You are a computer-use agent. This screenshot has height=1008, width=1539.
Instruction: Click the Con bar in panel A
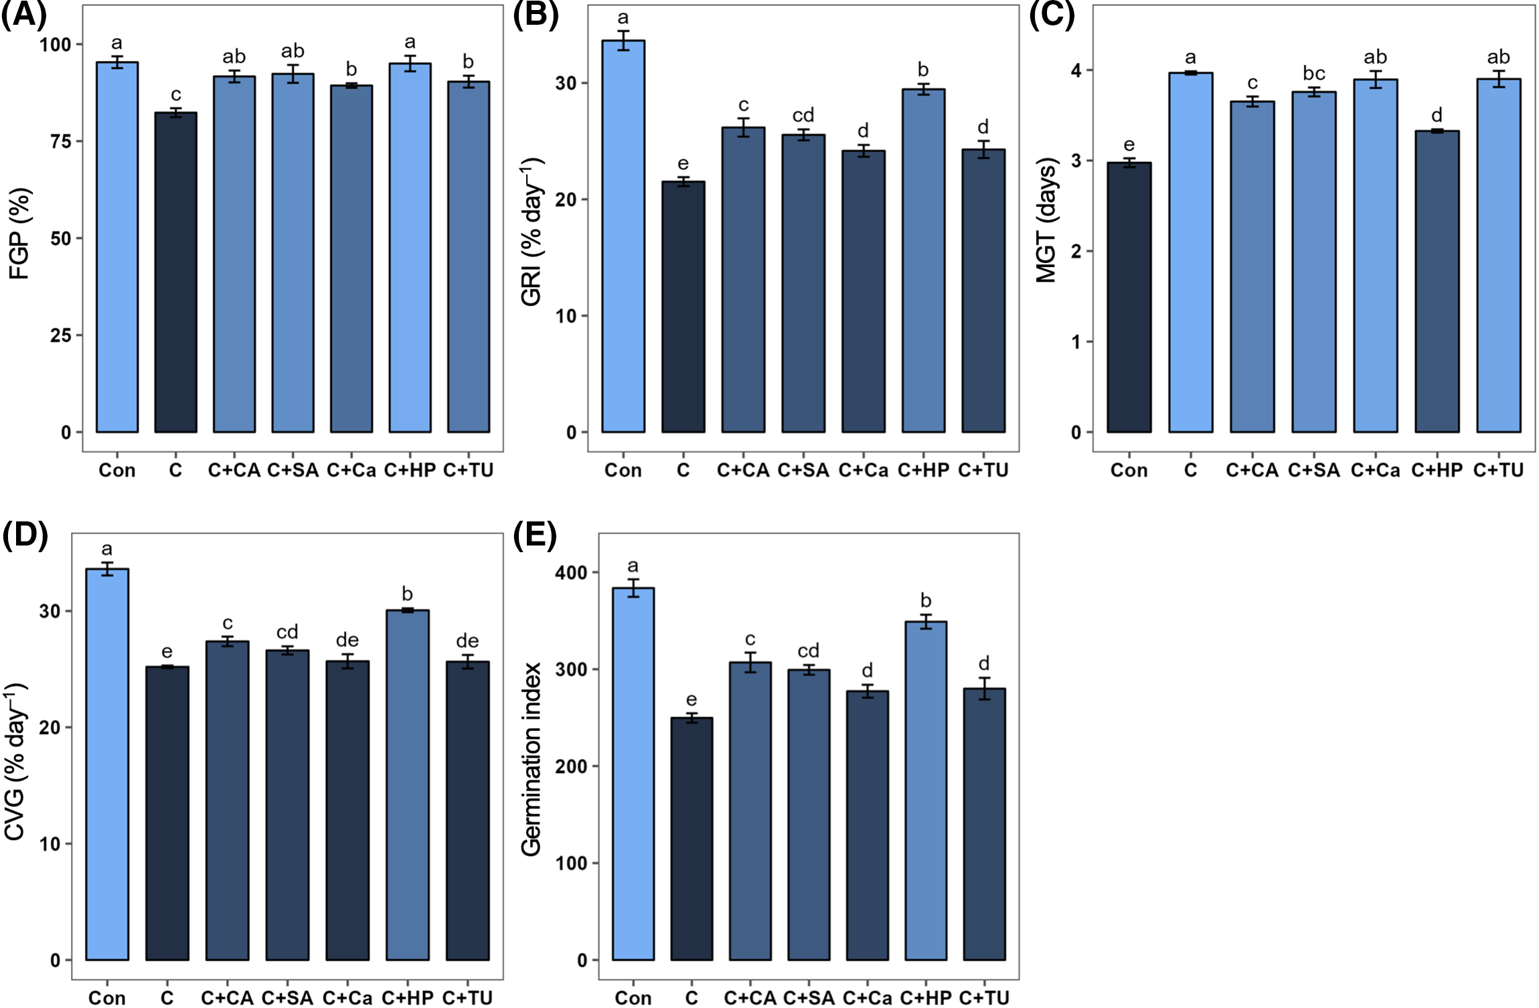(x=117, y=248)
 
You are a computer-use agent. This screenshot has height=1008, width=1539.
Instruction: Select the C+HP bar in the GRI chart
(x=923, y=261)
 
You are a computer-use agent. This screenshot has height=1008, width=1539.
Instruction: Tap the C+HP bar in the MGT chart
(x=1437, y=281)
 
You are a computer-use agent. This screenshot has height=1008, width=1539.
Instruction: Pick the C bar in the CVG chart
(x=167, y=813)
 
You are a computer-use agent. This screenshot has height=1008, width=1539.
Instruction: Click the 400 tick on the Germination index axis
(x=570, y=573)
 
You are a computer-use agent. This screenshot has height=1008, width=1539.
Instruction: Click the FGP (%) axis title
(x=19, y=234)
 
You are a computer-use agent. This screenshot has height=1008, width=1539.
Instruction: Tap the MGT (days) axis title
(x=1046, y=220)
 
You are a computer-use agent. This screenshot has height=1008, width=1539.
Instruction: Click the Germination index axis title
(x=531, y=759)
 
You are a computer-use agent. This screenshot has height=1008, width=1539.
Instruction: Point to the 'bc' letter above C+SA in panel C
(x=1313, y=74)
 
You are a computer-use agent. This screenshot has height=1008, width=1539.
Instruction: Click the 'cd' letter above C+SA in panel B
(x=803, y=116)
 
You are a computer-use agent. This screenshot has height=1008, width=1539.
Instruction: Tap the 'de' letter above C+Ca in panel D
(x=347, y=641)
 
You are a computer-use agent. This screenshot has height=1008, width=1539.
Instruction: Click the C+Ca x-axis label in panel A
(x=351, y=471)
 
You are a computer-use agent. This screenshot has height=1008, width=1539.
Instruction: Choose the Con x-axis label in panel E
(x=633, y=998)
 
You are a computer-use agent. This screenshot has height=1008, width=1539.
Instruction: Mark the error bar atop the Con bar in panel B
(x=623, y=41)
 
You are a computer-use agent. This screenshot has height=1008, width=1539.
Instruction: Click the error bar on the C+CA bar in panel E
(x=750, y=663)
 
